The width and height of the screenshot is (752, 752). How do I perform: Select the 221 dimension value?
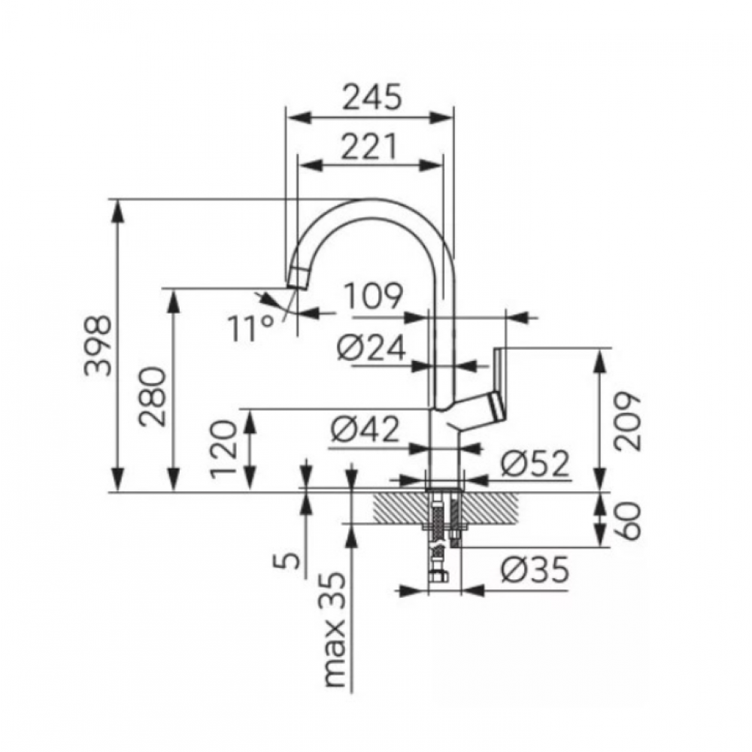point(369,147)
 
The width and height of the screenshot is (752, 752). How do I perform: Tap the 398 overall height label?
point(98,345)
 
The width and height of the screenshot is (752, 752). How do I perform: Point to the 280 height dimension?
point(153,396)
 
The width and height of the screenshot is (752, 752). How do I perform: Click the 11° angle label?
point(251,328)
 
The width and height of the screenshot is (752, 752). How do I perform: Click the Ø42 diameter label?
point(365,429)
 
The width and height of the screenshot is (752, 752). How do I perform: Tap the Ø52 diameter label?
point(535,463)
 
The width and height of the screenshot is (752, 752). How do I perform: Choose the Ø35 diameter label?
point(535,569)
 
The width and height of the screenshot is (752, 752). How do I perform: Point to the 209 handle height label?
point(627,421)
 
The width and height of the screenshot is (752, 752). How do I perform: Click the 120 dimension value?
point(224,449)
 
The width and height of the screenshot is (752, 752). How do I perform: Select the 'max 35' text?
point(335,630)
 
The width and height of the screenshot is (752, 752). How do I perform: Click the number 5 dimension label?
point(287,560)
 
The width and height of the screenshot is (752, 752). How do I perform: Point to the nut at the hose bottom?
point(438,576)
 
